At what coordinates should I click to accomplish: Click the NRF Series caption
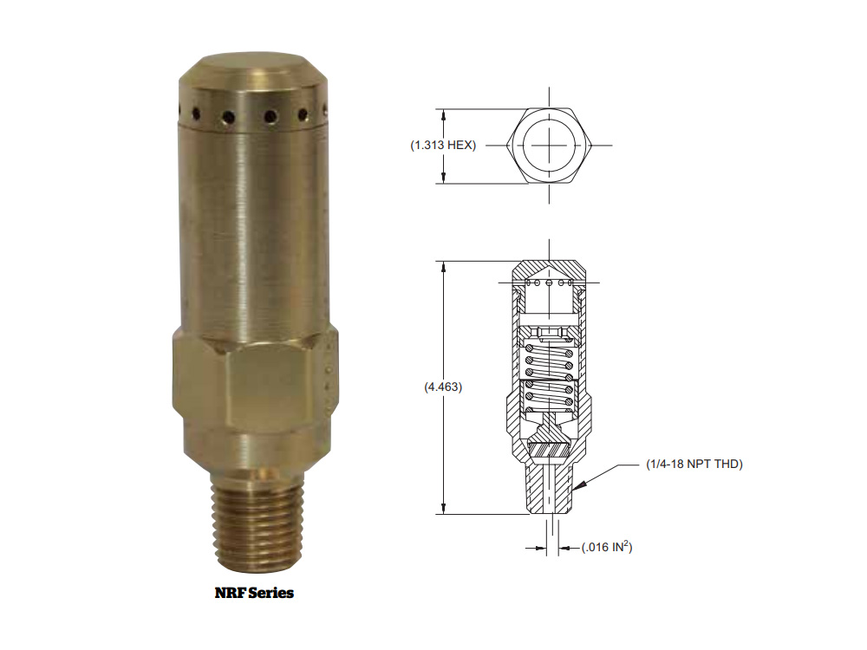(x=254, y=593)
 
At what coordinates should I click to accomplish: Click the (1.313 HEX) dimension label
(x=443, y=146)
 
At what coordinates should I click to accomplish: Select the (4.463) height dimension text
(x=443, y=387)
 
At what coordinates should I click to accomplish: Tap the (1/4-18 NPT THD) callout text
(x=694, y=465)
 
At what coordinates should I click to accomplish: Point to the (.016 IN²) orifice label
(x=607, y=547)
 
